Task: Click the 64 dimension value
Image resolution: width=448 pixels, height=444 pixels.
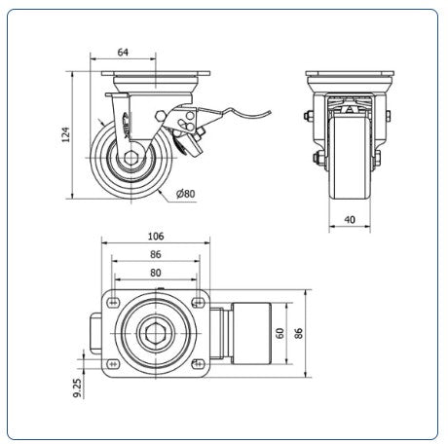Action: [x=123, y=52]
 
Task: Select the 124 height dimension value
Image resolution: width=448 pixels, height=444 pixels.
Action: [x=65, y=134]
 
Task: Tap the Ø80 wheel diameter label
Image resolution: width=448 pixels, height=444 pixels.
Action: [x=185, y=194]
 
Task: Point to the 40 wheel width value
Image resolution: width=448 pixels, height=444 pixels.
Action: [x=350, y=220]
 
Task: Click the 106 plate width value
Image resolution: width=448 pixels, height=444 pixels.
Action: [x=156, y=237]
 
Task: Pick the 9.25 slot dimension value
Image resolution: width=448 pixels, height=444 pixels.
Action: [x=77, y=388]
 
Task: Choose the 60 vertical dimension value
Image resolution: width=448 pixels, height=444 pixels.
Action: [x=280, y=333]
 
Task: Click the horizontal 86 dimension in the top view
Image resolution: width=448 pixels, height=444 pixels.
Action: [x=156, y=254]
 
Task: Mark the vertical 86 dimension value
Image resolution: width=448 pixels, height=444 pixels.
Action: [x=298, y=333]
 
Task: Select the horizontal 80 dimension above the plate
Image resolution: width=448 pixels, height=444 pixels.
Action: [x=156, y=273]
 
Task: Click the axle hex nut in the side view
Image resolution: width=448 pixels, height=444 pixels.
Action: [x=131, y=158]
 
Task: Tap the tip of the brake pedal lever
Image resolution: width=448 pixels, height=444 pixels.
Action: [x=271, y=112]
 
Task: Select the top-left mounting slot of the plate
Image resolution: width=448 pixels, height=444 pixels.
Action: [x=113, y=303]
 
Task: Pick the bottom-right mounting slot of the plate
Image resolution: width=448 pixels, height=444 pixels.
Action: [x=198, y=364]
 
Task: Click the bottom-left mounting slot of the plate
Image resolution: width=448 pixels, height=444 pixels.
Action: [x=113, y=364]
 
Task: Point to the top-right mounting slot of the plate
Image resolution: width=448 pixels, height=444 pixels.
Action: [x=198, y=303]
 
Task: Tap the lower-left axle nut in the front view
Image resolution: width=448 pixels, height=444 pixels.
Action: [x=317, y=158]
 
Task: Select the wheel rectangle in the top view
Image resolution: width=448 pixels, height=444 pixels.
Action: [x=251, y=333]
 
